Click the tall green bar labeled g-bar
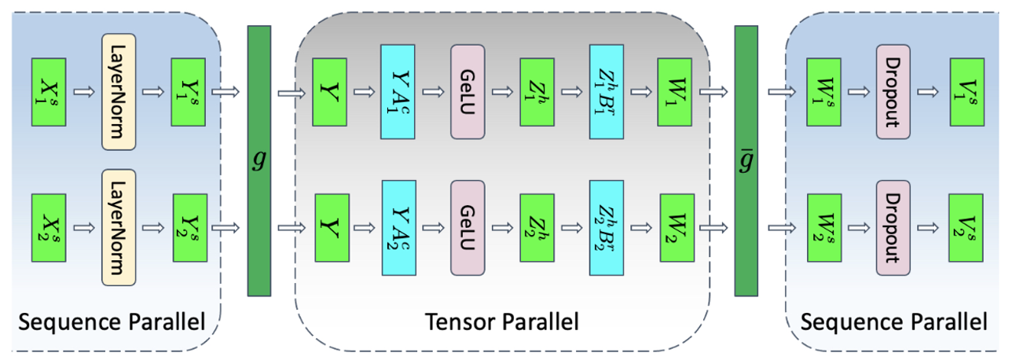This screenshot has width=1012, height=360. [x=746, y=160]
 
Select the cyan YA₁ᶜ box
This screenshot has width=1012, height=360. [x=398, y=92]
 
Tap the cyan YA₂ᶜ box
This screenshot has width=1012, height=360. [x=398, y=227]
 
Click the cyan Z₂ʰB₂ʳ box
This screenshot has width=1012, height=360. [x=606, y=227]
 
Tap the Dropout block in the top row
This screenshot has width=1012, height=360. [x=893, y=90]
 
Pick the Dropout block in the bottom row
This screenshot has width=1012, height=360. [x=893, y=226]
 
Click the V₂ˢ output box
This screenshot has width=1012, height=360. [x=965, y=227]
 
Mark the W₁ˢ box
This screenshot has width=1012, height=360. [x=824, y=92]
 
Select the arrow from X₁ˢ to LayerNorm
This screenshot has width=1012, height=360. [x=84, y=92]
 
